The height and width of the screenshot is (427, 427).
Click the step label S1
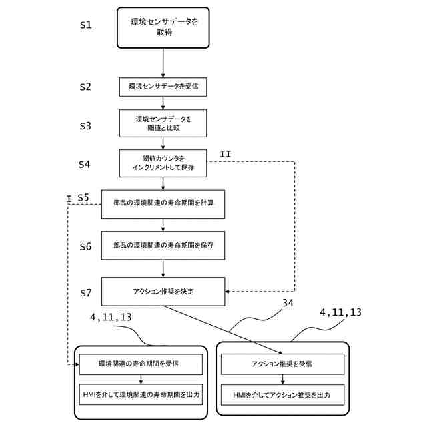(x=86, y=25)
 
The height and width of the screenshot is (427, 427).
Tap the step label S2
(x=85, y=87)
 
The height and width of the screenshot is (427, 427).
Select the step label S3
(x=85, y=126)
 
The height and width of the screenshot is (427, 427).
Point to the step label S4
(x=85, y=164)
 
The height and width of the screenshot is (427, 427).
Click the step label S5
(x=83, y=197)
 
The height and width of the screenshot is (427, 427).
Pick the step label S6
(x=85, y=246)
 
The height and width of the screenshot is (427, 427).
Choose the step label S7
(x=86, y=293)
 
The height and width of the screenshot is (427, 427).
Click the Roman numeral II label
(x=226, y=154)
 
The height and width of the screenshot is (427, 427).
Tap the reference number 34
(x=288, y=303)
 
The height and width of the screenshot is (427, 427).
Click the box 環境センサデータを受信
(x=163, y=87)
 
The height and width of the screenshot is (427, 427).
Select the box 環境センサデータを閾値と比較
(x=163, y=123)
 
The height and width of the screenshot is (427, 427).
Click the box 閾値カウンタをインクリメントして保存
(x=163, y=163)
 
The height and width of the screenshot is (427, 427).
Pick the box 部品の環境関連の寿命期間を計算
(x=163, y=204)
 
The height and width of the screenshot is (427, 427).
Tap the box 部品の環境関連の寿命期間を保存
(x=163, y=246)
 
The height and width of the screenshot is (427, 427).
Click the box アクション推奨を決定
(x=163, y=292)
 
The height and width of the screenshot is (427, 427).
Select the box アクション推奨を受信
(x=282, y=364)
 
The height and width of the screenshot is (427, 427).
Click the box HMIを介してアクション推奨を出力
(x=282, y=395)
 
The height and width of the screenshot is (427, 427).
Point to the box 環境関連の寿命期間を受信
(x=141, y=364)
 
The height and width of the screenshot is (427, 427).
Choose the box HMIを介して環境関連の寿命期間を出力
(x=141, y=394)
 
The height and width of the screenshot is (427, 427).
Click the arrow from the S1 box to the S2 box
(x=163, y=63)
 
